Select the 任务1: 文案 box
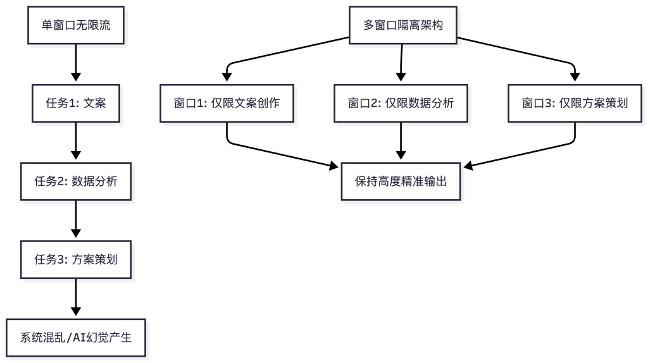(x=76, y=103)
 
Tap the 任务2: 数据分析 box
(x=76, y=181)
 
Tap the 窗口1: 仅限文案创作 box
(x=227, y=103)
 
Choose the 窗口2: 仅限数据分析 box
(x=401, y=103)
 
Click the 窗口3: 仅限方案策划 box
(x=575, y=103)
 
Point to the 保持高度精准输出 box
(x=401, y=181)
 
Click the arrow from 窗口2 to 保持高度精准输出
(x=401, y=142)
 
